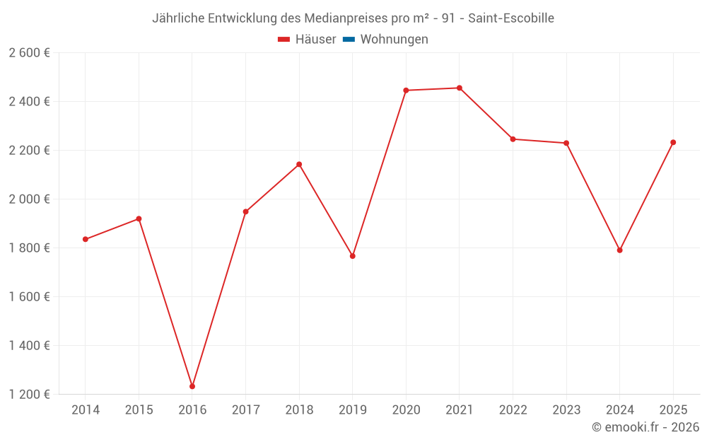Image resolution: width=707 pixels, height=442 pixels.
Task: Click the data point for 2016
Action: [x=192, y=386]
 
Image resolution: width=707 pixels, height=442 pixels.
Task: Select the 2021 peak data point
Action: [x=460, y=88]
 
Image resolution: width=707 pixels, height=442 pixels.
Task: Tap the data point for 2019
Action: [x=353, y=256]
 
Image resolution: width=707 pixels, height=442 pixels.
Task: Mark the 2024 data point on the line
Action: [x=620, y=250]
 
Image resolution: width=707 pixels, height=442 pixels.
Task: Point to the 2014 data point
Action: [x=86, y=239]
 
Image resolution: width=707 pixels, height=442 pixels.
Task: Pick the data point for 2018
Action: [x=299, y=164]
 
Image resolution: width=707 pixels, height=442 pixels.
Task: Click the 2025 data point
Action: [x=673, y=142]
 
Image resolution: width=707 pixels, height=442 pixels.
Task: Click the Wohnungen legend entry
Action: [x=394, y=40]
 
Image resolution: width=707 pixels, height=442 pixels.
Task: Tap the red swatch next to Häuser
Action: [x=284, y=40]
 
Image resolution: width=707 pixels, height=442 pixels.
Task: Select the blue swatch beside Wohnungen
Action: [x=349, y=40]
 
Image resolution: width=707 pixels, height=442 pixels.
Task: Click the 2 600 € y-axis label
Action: [x=29, y=53]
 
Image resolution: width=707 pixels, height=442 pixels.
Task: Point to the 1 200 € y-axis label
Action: [x=29, y=395]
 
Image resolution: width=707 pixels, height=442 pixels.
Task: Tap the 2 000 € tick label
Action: [x=29, y=199]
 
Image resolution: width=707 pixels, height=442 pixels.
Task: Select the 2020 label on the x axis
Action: [x=406, y=410]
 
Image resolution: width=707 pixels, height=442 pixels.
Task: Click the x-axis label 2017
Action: [x=245, y=410]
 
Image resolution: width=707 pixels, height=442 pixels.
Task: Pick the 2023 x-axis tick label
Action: [x=566, y=410]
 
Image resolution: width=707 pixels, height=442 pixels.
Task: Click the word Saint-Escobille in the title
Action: [x=511, y=18]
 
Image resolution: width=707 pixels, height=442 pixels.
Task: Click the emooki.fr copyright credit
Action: [x=645, y=427]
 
